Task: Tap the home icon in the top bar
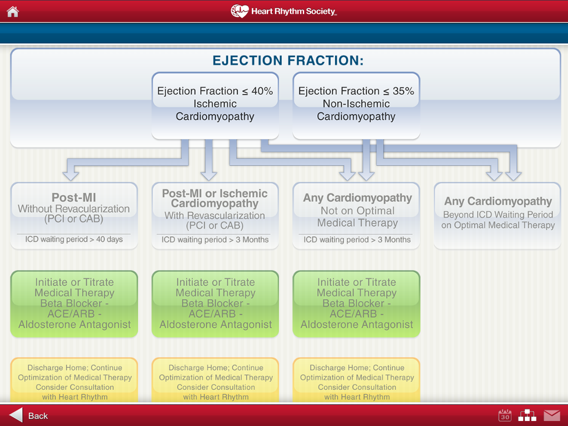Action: coord(13,12)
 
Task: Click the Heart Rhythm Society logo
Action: coord(283,11)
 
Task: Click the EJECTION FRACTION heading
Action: coord(288,60)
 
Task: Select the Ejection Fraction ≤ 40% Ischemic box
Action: coord(215,105)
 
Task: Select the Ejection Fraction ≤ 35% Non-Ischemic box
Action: coord(356,105)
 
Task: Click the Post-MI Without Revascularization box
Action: coord(74,216)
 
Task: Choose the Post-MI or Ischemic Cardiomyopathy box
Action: coord(215,216)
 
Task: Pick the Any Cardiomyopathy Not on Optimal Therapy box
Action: coord(356,216)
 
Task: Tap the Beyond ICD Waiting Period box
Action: coord(498,216)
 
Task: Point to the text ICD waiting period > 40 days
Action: coord(74,240)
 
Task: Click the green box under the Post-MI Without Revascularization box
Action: coord(74,304)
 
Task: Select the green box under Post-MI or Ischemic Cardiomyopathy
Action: coord(215,304)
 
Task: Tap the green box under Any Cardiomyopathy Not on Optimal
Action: coord(356,304)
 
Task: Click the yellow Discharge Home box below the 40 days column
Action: coord(74,380)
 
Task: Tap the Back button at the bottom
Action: coord(28,415)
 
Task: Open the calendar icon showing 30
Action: coord(505,415)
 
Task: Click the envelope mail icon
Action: coord(552,415)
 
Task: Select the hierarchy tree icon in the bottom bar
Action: coord(528,415)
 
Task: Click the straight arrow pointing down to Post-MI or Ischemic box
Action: coord(209,160)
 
